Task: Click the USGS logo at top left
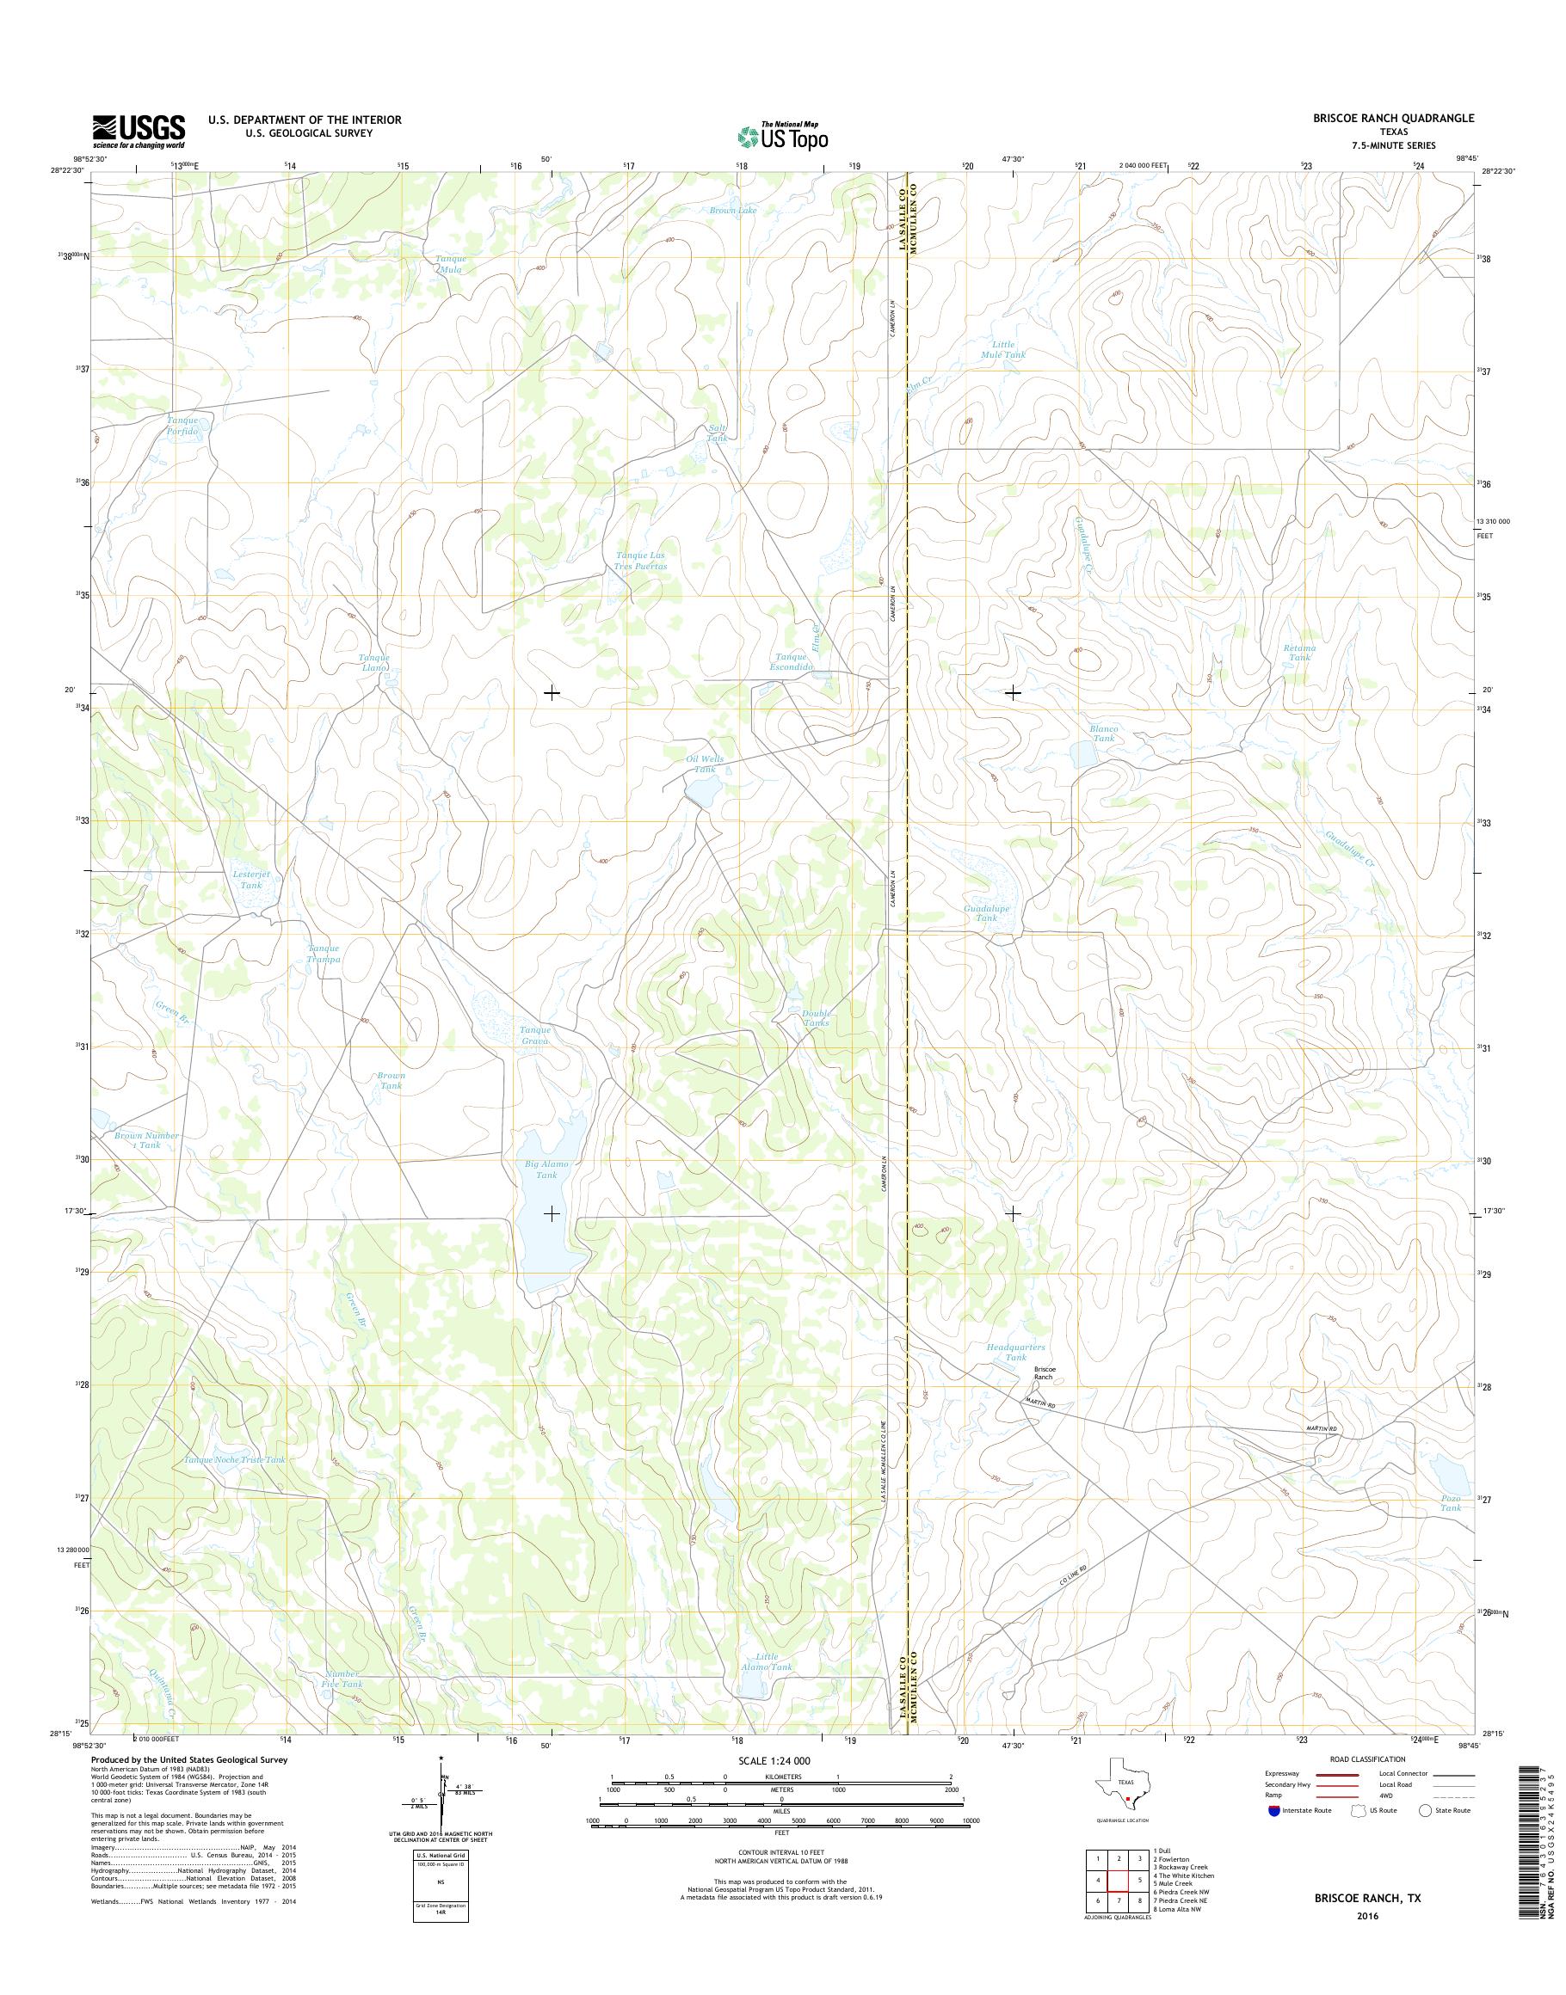139,131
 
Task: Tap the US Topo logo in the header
783,137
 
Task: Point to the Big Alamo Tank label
546,1169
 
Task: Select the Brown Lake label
733,211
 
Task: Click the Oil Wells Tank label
704,764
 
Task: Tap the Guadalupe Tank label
987,912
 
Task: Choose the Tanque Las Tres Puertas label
641,561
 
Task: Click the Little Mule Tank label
1002,349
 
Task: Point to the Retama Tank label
1299,653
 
